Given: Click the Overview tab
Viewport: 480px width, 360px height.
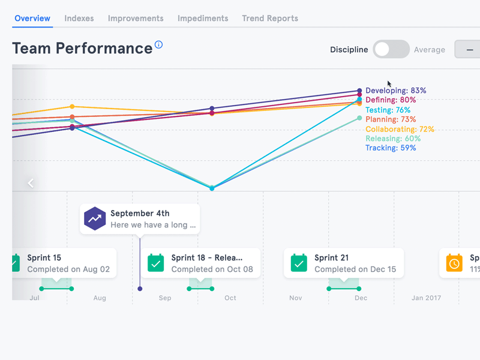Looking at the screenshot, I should pos(32,19).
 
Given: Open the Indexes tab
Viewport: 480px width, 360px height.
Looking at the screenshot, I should pos(79,19).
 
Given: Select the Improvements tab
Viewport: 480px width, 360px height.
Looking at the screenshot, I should pos(136,19).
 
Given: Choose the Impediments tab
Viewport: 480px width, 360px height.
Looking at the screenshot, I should pos(203,19).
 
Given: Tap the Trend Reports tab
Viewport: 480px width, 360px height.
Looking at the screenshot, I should pos(270,19).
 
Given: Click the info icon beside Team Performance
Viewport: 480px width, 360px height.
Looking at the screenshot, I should pos(159,45).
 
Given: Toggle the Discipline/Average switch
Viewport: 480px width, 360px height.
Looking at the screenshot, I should pos(391,50).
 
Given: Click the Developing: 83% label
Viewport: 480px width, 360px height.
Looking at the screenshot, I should pos(396,91).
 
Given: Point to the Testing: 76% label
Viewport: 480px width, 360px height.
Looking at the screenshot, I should pos(388,110).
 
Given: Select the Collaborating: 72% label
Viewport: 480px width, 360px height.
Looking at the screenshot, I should pos(400,129).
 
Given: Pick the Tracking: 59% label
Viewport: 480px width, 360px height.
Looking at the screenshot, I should pos(391,148).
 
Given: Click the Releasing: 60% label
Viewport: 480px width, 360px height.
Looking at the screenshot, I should pos(393,139).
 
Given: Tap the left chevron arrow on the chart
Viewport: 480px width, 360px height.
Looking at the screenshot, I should pos(31,183).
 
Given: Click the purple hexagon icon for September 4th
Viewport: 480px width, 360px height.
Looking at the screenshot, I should pos(95,219).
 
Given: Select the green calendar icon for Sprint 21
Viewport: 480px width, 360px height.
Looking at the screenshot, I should pos(299,263).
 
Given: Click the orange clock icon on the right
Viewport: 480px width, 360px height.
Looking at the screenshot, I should pos(455,263).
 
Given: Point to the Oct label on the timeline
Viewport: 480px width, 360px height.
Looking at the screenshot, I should pos(230,298).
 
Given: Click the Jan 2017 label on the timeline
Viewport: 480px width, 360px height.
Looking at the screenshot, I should pos(425,298).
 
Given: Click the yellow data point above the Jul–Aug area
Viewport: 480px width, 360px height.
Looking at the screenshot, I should pos(72,107).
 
